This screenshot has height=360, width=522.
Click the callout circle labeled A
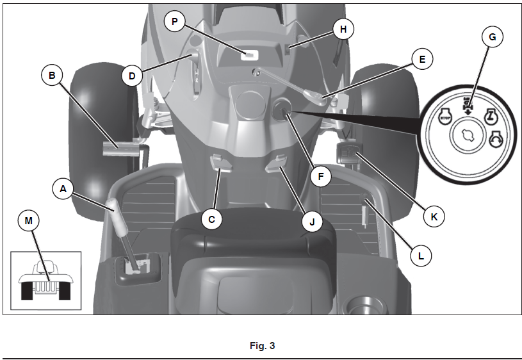pos(63,189)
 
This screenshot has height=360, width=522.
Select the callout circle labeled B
pos(52,76)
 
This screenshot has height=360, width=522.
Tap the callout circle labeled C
pos(211,219)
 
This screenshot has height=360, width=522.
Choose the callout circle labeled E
pos(421,60)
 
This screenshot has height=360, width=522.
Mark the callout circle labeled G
pos(492,37)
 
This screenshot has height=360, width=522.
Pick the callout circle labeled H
pos(343,29)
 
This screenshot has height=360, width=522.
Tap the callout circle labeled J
pos(312,222)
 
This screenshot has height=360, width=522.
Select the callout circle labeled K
pos(434,217)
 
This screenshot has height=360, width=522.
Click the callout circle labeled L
pos(420,255)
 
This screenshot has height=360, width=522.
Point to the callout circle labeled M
pos(28,222)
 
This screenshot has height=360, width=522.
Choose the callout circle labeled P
pos(174,22)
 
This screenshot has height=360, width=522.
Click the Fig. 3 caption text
pos(262,346)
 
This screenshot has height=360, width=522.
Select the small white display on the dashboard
pos(245,56)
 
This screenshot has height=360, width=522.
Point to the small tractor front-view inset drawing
pos(45,281)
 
